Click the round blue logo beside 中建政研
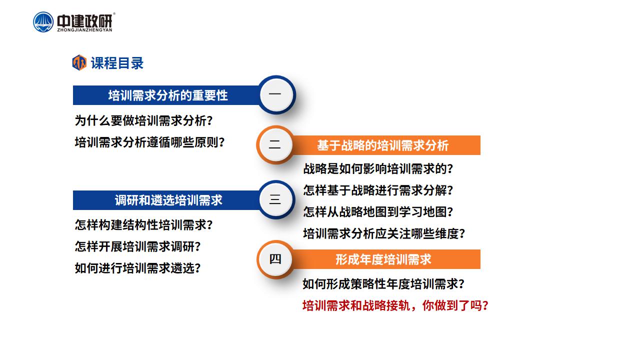coord(43,22)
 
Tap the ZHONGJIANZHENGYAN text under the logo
coord(84,30)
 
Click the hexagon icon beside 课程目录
coord(79,62)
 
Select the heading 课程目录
coord(117,63)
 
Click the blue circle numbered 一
coord(276,95)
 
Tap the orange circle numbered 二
coord(275,144)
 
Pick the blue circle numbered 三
coord(276,199)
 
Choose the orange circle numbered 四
coord(275,259)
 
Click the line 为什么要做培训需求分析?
coord(143,120)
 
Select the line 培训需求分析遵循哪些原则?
coord(149,142)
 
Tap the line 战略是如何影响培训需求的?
coord(378,168)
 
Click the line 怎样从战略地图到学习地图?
coord(378,212)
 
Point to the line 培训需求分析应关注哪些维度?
coord(384,233)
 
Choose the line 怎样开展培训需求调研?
coord(137,246)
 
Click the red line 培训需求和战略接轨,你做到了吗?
coord(395,305)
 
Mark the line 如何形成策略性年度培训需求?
coord(383,284)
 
